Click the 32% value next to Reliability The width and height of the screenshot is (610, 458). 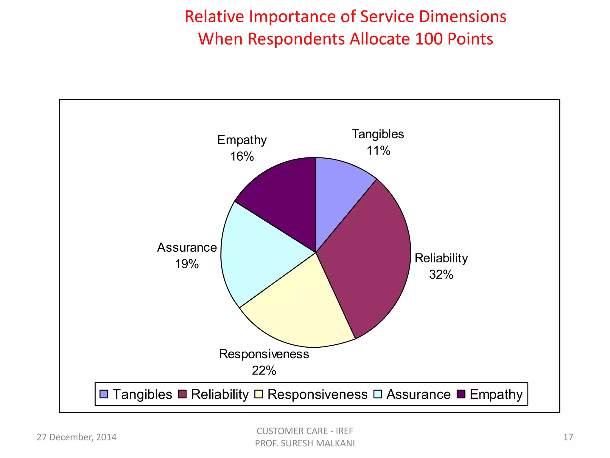[x=441, y=275]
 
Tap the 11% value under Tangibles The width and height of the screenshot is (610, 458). [x=378, y=151]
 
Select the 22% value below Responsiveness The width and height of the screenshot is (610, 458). [x=264, y=371]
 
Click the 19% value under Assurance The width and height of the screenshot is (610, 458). [x=187, y=264]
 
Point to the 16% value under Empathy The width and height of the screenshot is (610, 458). [x=242, y=157]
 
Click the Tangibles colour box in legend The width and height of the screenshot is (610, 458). [x=104, y=394]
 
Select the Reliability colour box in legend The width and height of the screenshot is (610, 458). [x=182, y=394]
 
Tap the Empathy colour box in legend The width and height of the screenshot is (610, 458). [x=461, y=394]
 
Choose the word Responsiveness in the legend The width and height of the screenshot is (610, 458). [x=318, y=394]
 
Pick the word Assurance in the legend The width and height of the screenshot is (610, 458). [x=418, y=394]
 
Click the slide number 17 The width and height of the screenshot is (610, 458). [x=568, y=437]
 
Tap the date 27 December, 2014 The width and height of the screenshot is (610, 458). [x=77, y=437]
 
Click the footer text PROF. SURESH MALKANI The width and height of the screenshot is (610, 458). [x=305, y=443]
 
